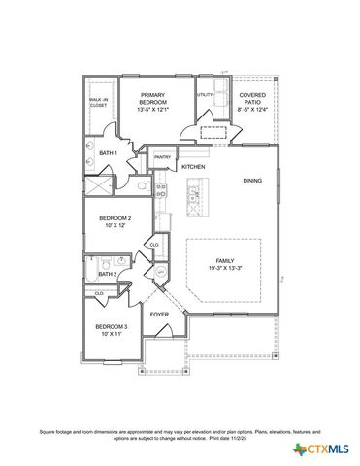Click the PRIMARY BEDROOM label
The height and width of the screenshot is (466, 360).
tap(153, 98)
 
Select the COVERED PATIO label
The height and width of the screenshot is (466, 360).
tap(252, 98)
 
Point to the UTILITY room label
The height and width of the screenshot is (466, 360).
tap(205, 95)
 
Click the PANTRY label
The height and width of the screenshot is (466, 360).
tap(162, 156)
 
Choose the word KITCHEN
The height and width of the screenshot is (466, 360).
tap(193, 167)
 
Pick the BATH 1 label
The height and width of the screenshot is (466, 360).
tap(108, 153)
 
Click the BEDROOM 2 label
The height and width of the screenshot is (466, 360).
tap(115, 218)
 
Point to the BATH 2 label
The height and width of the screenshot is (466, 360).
tap(108, 275)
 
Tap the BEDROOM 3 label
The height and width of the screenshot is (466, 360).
tap(111, 326)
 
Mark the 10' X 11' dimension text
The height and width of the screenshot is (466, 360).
tap(111, 333)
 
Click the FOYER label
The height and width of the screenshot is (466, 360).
tap(159, 316)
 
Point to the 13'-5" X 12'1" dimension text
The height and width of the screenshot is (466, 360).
tap(153, 109)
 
